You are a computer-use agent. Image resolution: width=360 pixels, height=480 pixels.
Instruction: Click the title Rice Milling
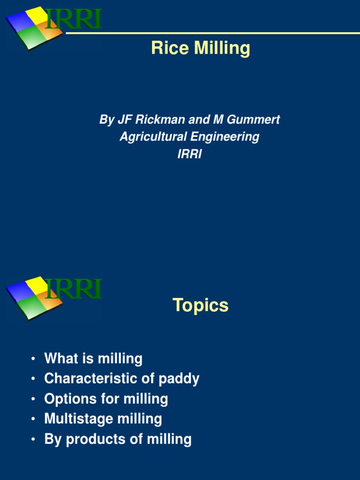point(200,48)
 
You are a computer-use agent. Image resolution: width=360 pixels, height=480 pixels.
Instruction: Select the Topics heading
point(200,305)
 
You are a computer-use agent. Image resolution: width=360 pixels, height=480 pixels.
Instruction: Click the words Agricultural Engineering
point(189,137)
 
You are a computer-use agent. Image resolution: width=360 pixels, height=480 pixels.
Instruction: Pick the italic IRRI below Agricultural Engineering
point(189,154)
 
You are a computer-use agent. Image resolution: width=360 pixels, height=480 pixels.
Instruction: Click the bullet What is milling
point(93,359)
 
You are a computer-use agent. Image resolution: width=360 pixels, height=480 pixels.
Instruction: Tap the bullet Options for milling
point(106,399)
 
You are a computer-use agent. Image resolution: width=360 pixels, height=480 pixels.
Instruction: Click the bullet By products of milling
point(118,439)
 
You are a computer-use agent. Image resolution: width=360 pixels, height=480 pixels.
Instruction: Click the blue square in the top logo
point(21,21)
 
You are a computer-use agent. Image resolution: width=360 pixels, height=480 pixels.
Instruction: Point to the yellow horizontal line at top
point(211,33)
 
